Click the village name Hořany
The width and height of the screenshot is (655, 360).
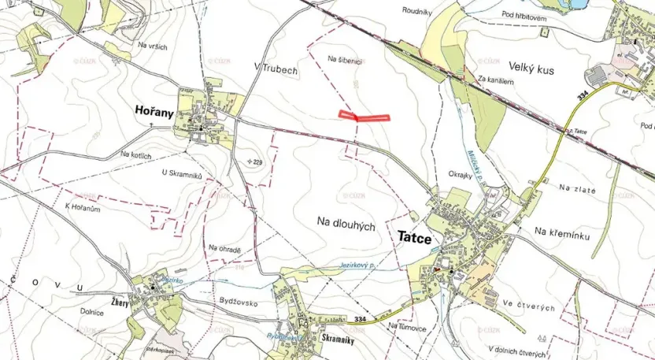[x=154, y=111]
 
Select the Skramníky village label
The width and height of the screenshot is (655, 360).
[x=341, y=337]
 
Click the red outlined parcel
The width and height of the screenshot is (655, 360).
[x=365, y=116]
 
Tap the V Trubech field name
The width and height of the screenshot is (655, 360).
[x=276, y=69]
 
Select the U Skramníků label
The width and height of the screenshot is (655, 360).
[x=182, y=173]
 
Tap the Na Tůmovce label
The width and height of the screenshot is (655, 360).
[x=407, y=325]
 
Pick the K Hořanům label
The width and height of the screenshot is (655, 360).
[x=84, y=207]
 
